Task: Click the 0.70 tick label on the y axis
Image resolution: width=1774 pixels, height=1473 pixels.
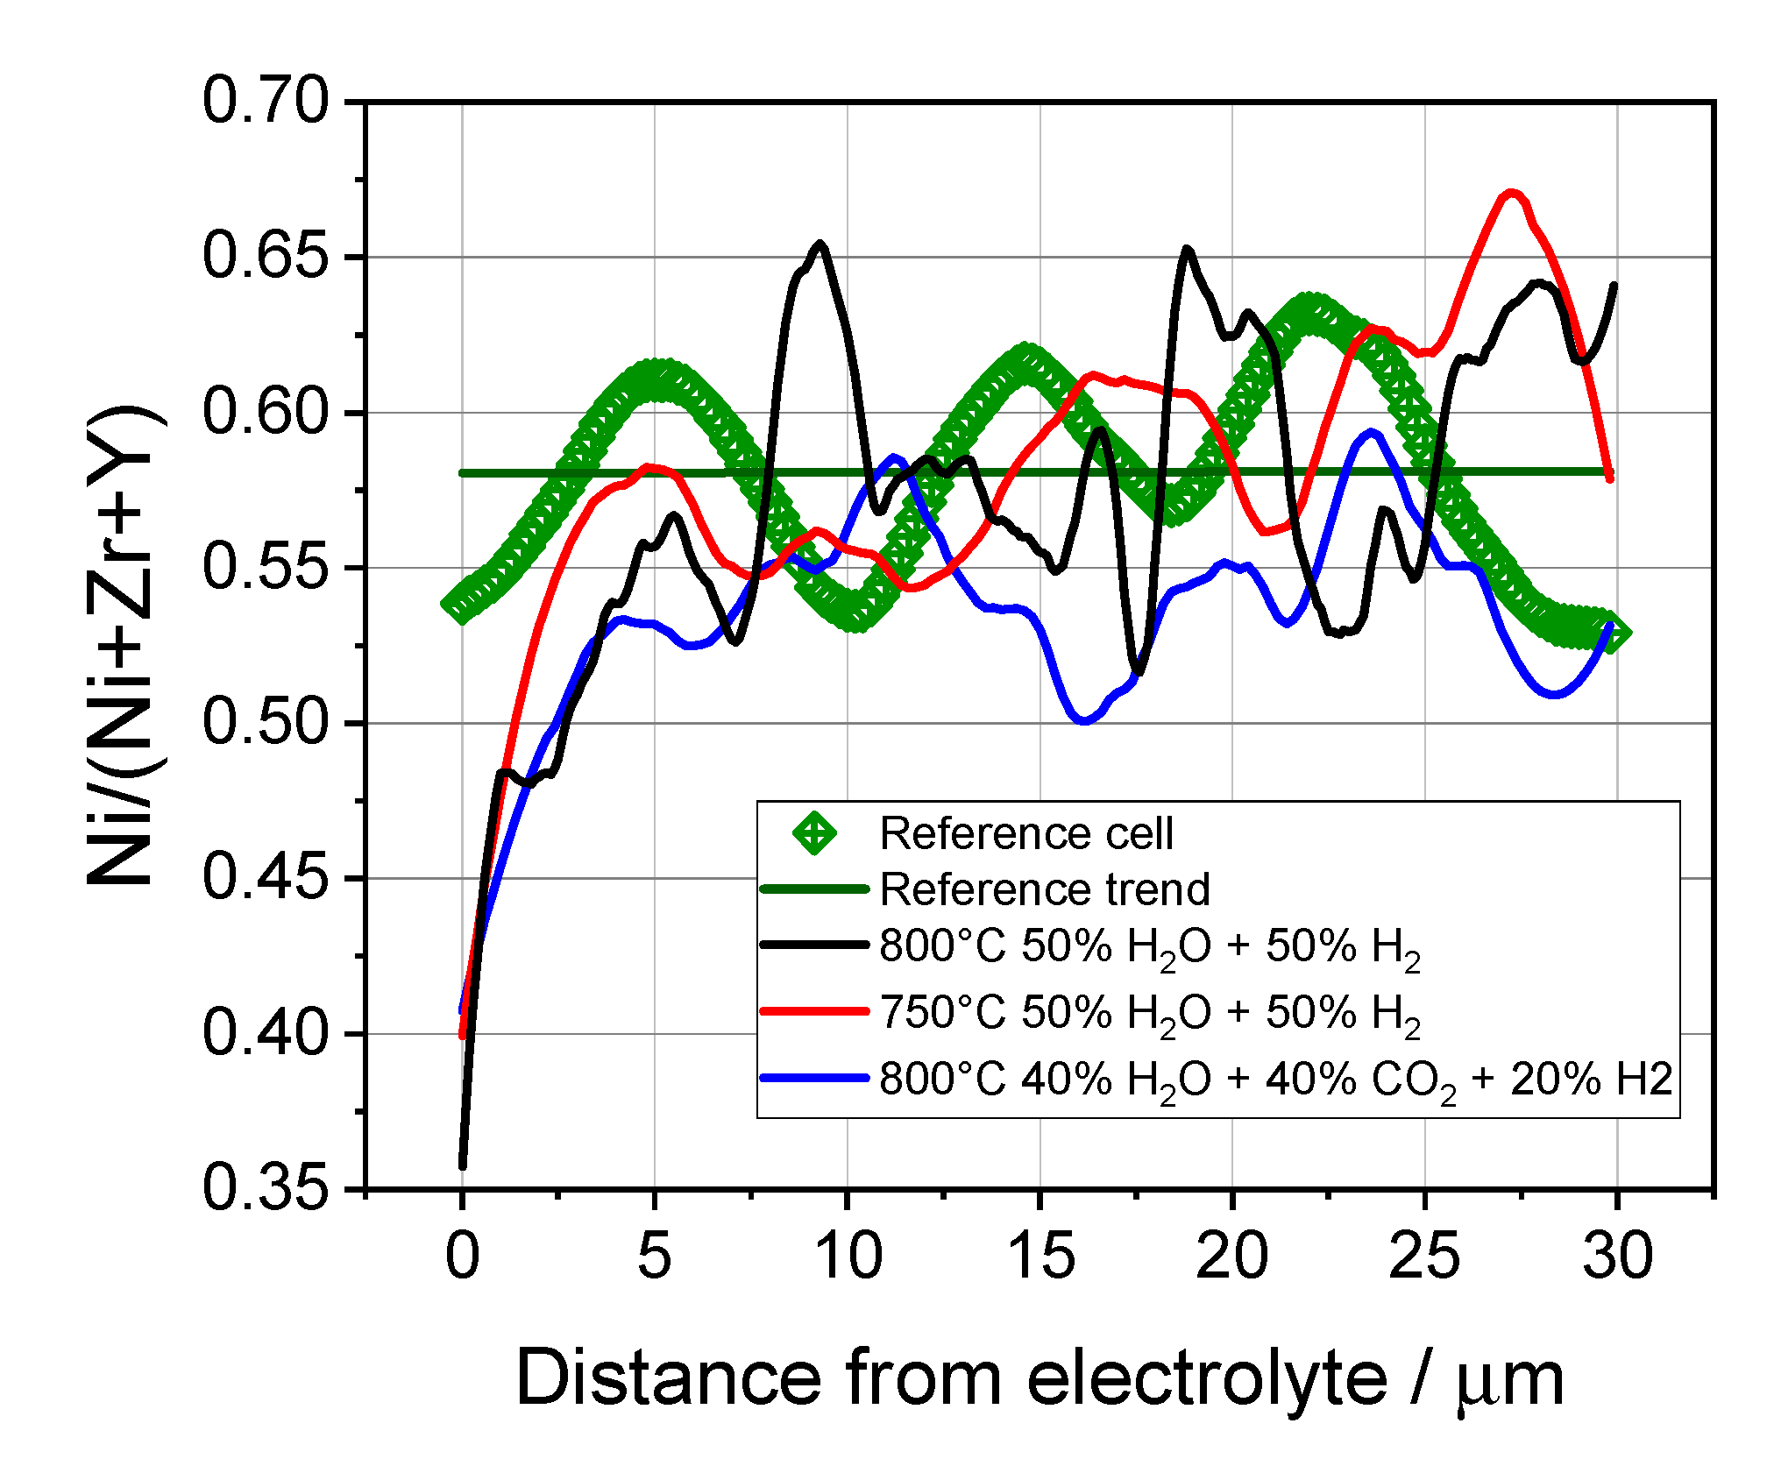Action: pyautogui.click(x=265, y=102)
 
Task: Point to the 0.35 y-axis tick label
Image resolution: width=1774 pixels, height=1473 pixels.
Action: pyautogui.click(x=265, y=1189)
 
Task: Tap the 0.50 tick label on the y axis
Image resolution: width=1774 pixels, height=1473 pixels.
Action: pyautogui.click(x=265, y=723)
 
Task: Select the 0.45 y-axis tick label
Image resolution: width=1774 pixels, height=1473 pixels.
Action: pyautogui.click(x=265, y=878)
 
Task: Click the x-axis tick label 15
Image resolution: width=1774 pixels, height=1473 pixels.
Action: pyautogui.click(x=1040, y=1256)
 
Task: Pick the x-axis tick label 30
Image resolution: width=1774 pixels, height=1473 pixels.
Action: pyautogui.click(x=1617, y=1256)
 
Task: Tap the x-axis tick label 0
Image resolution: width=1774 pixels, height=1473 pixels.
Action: pyautogui.click(x=462, y=1256)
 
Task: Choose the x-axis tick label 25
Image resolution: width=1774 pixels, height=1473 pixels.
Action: pyautogui.click(x=1424, y=1256)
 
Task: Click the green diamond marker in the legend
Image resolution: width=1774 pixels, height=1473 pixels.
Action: pyautogui.click(x=814, y=832)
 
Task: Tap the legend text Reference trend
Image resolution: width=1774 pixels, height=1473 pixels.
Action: pyautogui.click(x=1045, y=889)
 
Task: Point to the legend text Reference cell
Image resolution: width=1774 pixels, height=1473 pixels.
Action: pyautogui.click(x=1025, y=832)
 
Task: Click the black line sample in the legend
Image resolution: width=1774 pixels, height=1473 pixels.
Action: pyautogui.click(x=814, y=945)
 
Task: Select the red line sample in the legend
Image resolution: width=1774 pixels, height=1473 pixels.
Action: pyautogui.click(x=814, y=1010)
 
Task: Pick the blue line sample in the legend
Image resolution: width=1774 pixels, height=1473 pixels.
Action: pyautogui.click(x=814, y=1078)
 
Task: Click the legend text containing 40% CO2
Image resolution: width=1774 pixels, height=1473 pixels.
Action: pyautogui.click(x=1275, y=1080)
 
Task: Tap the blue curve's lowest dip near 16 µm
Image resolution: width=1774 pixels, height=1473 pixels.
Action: pyautogui.click(x=1084, y=720)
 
